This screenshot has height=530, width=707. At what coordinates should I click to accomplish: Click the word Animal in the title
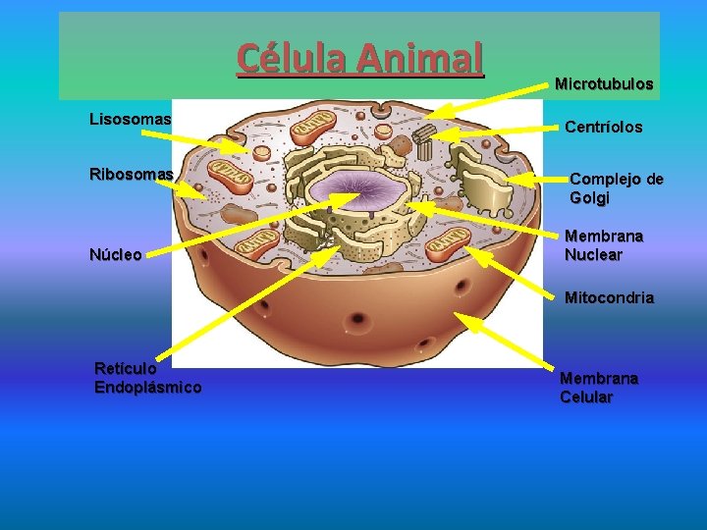(x=421, y=59)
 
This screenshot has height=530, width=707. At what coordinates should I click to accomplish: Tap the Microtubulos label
(x=604, y=84)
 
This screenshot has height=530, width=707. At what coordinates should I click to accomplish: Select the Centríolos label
(x=604, y=128)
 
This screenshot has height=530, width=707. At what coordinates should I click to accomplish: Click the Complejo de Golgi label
(x=617, y=188)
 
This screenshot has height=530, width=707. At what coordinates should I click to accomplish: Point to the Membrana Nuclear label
(x=604, y=245)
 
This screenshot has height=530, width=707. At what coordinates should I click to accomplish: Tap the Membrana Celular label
(x=599, y=388)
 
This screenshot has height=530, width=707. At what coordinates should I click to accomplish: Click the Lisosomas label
(x=130, y=119)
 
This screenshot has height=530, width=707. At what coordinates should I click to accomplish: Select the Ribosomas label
(x=132, y=174)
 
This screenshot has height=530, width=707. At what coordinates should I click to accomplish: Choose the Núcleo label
(x=116, y=255)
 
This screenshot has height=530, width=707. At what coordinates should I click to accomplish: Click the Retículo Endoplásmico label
(x=147, y=378)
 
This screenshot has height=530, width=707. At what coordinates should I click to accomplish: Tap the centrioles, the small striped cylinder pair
(x=422, y=147)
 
